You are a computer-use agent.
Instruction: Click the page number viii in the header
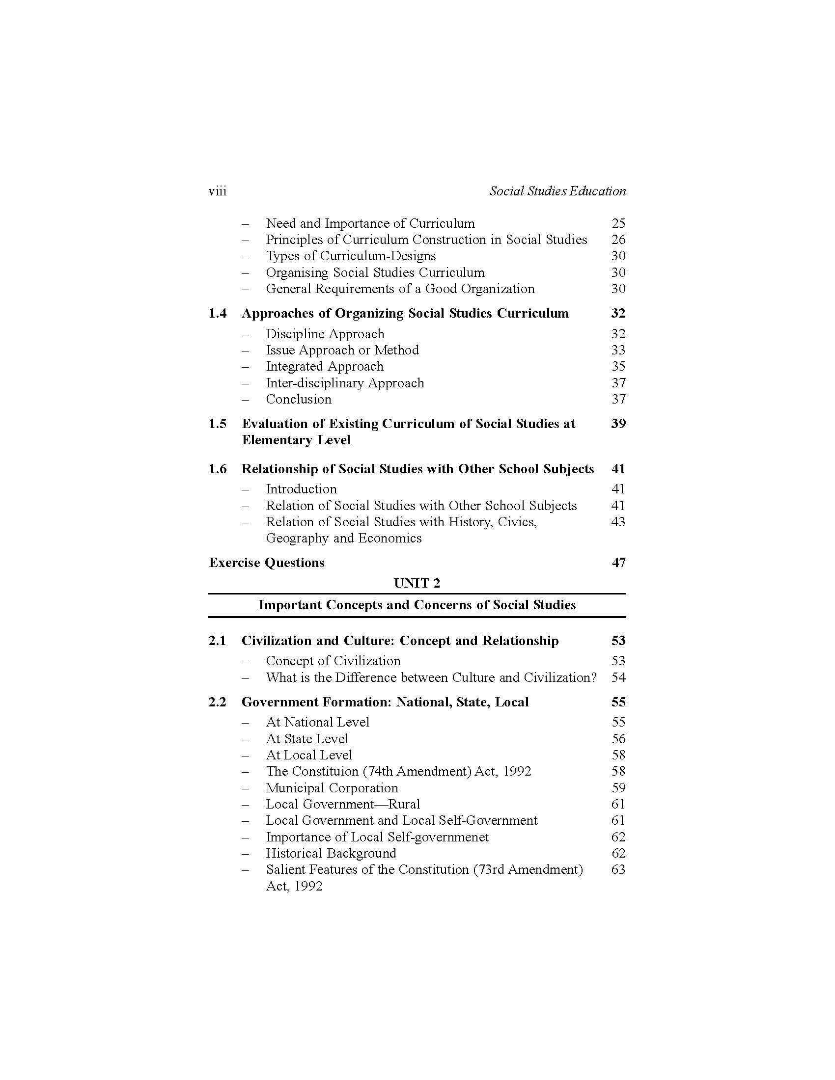coord(218,191)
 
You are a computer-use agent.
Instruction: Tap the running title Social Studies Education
coord(557,191)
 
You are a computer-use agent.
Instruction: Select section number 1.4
coord(218,314)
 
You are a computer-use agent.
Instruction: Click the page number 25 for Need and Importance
coord(618,223)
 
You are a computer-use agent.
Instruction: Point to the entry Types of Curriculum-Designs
coord(351,256)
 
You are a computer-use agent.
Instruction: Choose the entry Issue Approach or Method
coord(342,350)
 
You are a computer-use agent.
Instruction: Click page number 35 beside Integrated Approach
coord(618,366)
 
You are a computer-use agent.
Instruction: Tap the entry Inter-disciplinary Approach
coord(345,383)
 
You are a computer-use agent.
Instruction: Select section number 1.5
coord(218,424)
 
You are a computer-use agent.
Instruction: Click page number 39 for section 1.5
coord(618,424)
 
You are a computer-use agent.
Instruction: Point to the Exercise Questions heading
coord(267,563)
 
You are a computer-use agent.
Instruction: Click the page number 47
coord(618,563)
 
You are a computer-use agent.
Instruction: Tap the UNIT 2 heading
coord(417,584)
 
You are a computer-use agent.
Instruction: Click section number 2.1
coord(217,641)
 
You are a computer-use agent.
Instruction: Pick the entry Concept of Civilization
coord(333,661)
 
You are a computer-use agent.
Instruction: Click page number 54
coord(618,677)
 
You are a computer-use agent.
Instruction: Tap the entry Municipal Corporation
coord(332,788)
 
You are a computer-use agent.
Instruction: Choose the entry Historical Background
coord(331,854)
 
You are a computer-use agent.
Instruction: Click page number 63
coord(618,870)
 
